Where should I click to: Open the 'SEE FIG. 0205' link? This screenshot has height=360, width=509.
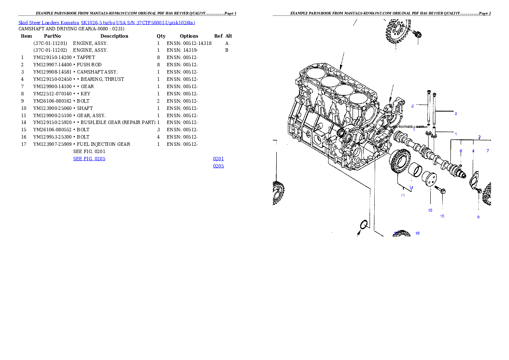pyautogui.click(x=89, y=159)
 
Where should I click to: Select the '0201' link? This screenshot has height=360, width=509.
pyautogui.click(x=218, y=159)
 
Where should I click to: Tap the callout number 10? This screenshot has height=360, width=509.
pyautogui.click(x=430, y=210)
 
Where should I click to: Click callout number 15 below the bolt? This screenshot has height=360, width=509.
pyautogui.click(x=442, y=216)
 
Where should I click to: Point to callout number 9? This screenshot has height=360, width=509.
pyautogui.click(x=478, y=217)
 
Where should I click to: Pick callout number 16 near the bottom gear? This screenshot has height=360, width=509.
pyautogui.click(x=417, y=233)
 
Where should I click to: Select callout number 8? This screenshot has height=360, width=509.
pyautogui.click(x=461, y=151)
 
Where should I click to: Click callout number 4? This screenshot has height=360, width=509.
pyautogui.click(x=473, y=151)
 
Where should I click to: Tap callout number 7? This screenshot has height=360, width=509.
pyautogui.click(x=488, y=151)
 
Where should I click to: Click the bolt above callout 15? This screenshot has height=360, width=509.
pyautogui.click(x=440, y=189)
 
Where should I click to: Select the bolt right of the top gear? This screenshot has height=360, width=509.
pyautogui.click(x=417, y=33)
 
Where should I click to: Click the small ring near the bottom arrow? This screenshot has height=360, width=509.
pyautogui.click(x=363, y=224)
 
